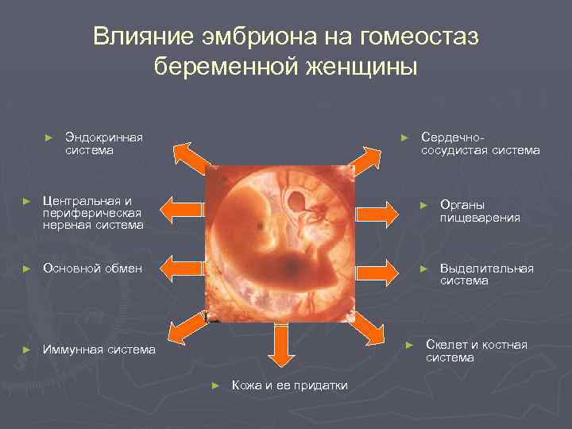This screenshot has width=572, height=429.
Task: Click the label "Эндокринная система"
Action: click(x=103, y=144)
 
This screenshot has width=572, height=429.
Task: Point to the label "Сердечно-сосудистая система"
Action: click(x=480, y=144)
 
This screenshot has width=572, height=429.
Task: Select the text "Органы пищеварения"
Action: click(x=480, y=211)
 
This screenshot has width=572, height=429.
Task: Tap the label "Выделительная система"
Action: click(x=486, y=275)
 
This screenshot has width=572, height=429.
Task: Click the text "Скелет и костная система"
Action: click(x=476, y=350)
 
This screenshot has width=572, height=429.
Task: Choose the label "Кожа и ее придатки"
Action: click(x=289, y=385)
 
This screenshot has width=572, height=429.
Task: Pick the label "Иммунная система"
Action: click(x=99, y=350)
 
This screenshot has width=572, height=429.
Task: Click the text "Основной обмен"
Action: click(x=92, y=268)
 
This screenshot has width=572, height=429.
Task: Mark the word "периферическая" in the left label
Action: click(x=92, y=212)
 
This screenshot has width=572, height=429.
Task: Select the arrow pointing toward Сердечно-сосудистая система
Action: click(x=365, y=158)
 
